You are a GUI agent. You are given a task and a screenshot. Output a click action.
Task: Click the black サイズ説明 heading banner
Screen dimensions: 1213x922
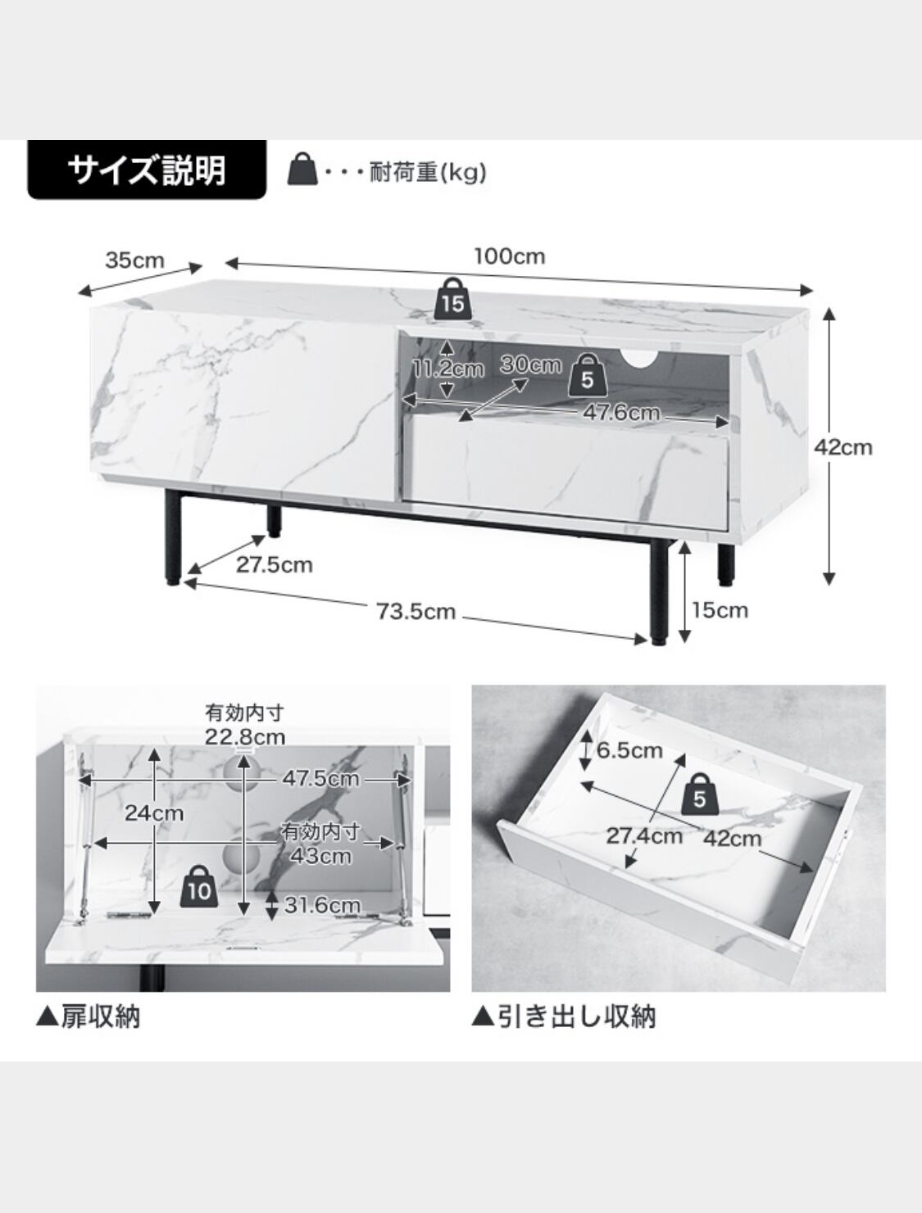coord(147,170)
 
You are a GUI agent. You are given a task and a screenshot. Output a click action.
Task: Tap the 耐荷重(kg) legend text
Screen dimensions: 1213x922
coord(428,173)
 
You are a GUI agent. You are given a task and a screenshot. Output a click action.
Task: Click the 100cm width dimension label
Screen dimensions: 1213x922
coord(509,256)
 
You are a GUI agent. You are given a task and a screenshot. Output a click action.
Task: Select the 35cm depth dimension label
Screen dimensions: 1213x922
coord(134,260)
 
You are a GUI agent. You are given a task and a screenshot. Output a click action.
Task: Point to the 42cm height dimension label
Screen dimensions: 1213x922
coord(843,447)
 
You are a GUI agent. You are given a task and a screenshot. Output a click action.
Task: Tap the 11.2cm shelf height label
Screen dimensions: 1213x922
coord(447,369)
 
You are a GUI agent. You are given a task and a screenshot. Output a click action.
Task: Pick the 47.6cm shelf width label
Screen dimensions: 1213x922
coord(620,412)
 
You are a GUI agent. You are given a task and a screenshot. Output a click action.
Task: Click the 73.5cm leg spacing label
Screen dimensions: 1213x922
coord(416,611)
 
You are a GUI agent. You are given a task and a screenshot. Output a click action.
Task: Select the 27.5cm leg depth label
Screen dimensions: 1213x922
coord(274,564)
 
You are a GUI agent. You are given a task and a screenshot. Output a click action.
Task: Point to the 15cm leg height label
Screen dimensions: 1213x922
coord(720,610)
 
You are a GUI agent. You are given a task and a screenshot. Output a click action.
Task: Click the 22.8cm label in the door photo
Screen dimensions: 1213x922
coord(245,737)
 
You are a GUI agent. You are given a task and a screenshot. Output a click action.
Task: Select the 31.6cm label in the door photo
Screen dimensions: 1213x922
coord(322,905)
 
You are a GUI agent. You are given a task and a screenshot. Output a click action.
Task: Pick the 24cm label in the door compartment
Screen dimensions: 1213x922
coord(154,813)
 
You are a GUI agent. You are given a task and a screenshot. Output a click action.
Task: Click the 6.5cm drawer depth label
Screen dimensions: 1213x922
coord(629,749)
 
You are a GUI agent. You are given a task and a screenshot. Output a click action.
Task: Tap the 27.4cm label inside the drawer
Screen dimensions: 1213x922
coord(643,835)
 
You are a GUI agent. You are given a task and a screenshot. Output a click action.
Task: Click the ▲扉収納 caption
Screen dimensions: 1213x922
coord(89,1016)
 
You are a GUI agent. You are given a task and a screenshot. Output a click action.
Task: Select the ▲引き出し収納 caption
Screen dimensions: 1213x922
coord(563,1016)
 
